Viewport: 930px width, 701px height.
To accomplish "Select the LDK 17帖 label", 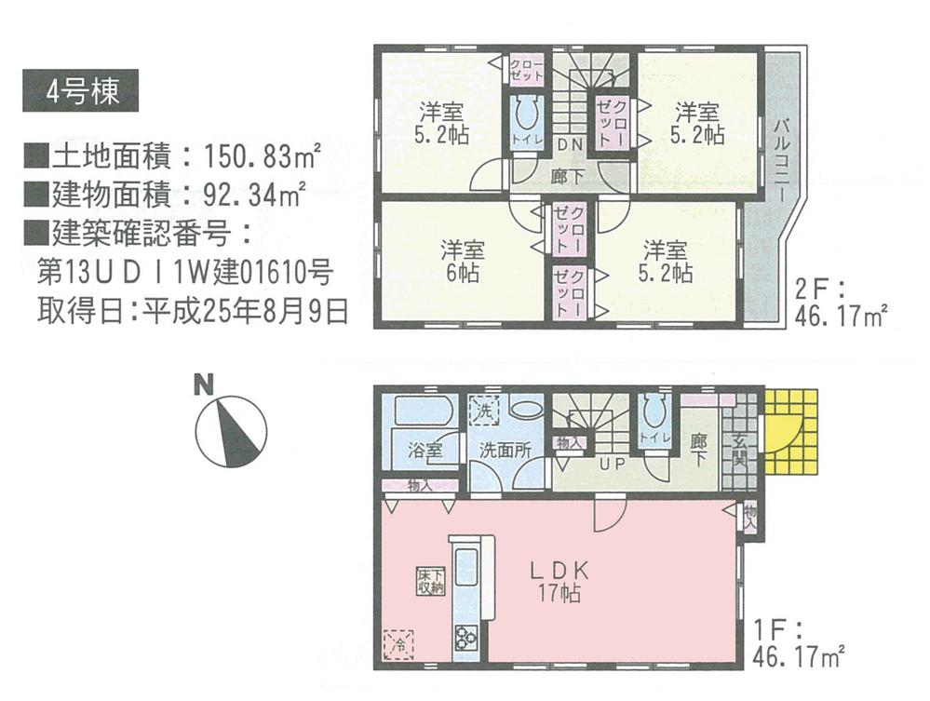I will (x=557, y=580).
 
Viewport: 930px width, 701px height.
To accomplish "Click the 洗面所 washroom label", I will (x=505, y=449).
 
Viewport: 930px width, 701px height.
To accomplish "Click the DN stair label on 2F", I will (x=570, y=144).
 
